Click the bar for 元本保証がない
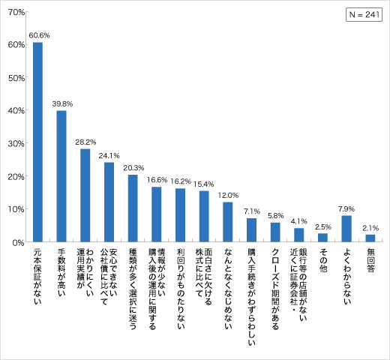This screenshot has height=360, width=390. pyautogui.click(x=37, y=142)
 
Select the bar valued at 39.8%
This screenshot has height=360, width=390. pyautogui.click(x=61, y=176)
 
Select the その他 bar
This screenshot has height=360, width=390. pyautogui.click(x=322, y=237)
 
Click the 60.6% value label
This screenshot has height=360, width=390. pyautogui.click(x=39, y=35)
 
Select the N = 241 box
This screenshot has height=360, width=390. pyautogui.click(x=364, y=16)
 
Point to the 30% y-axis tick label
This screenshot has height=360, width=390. pyautogui.click(x=19, y=143)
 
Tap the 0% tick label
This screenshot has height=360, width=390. pyautogui.click(x=21, y=241)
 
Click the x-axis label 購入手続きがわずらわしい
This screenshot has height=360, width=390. pyautogui.click(x=251, y=295)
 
